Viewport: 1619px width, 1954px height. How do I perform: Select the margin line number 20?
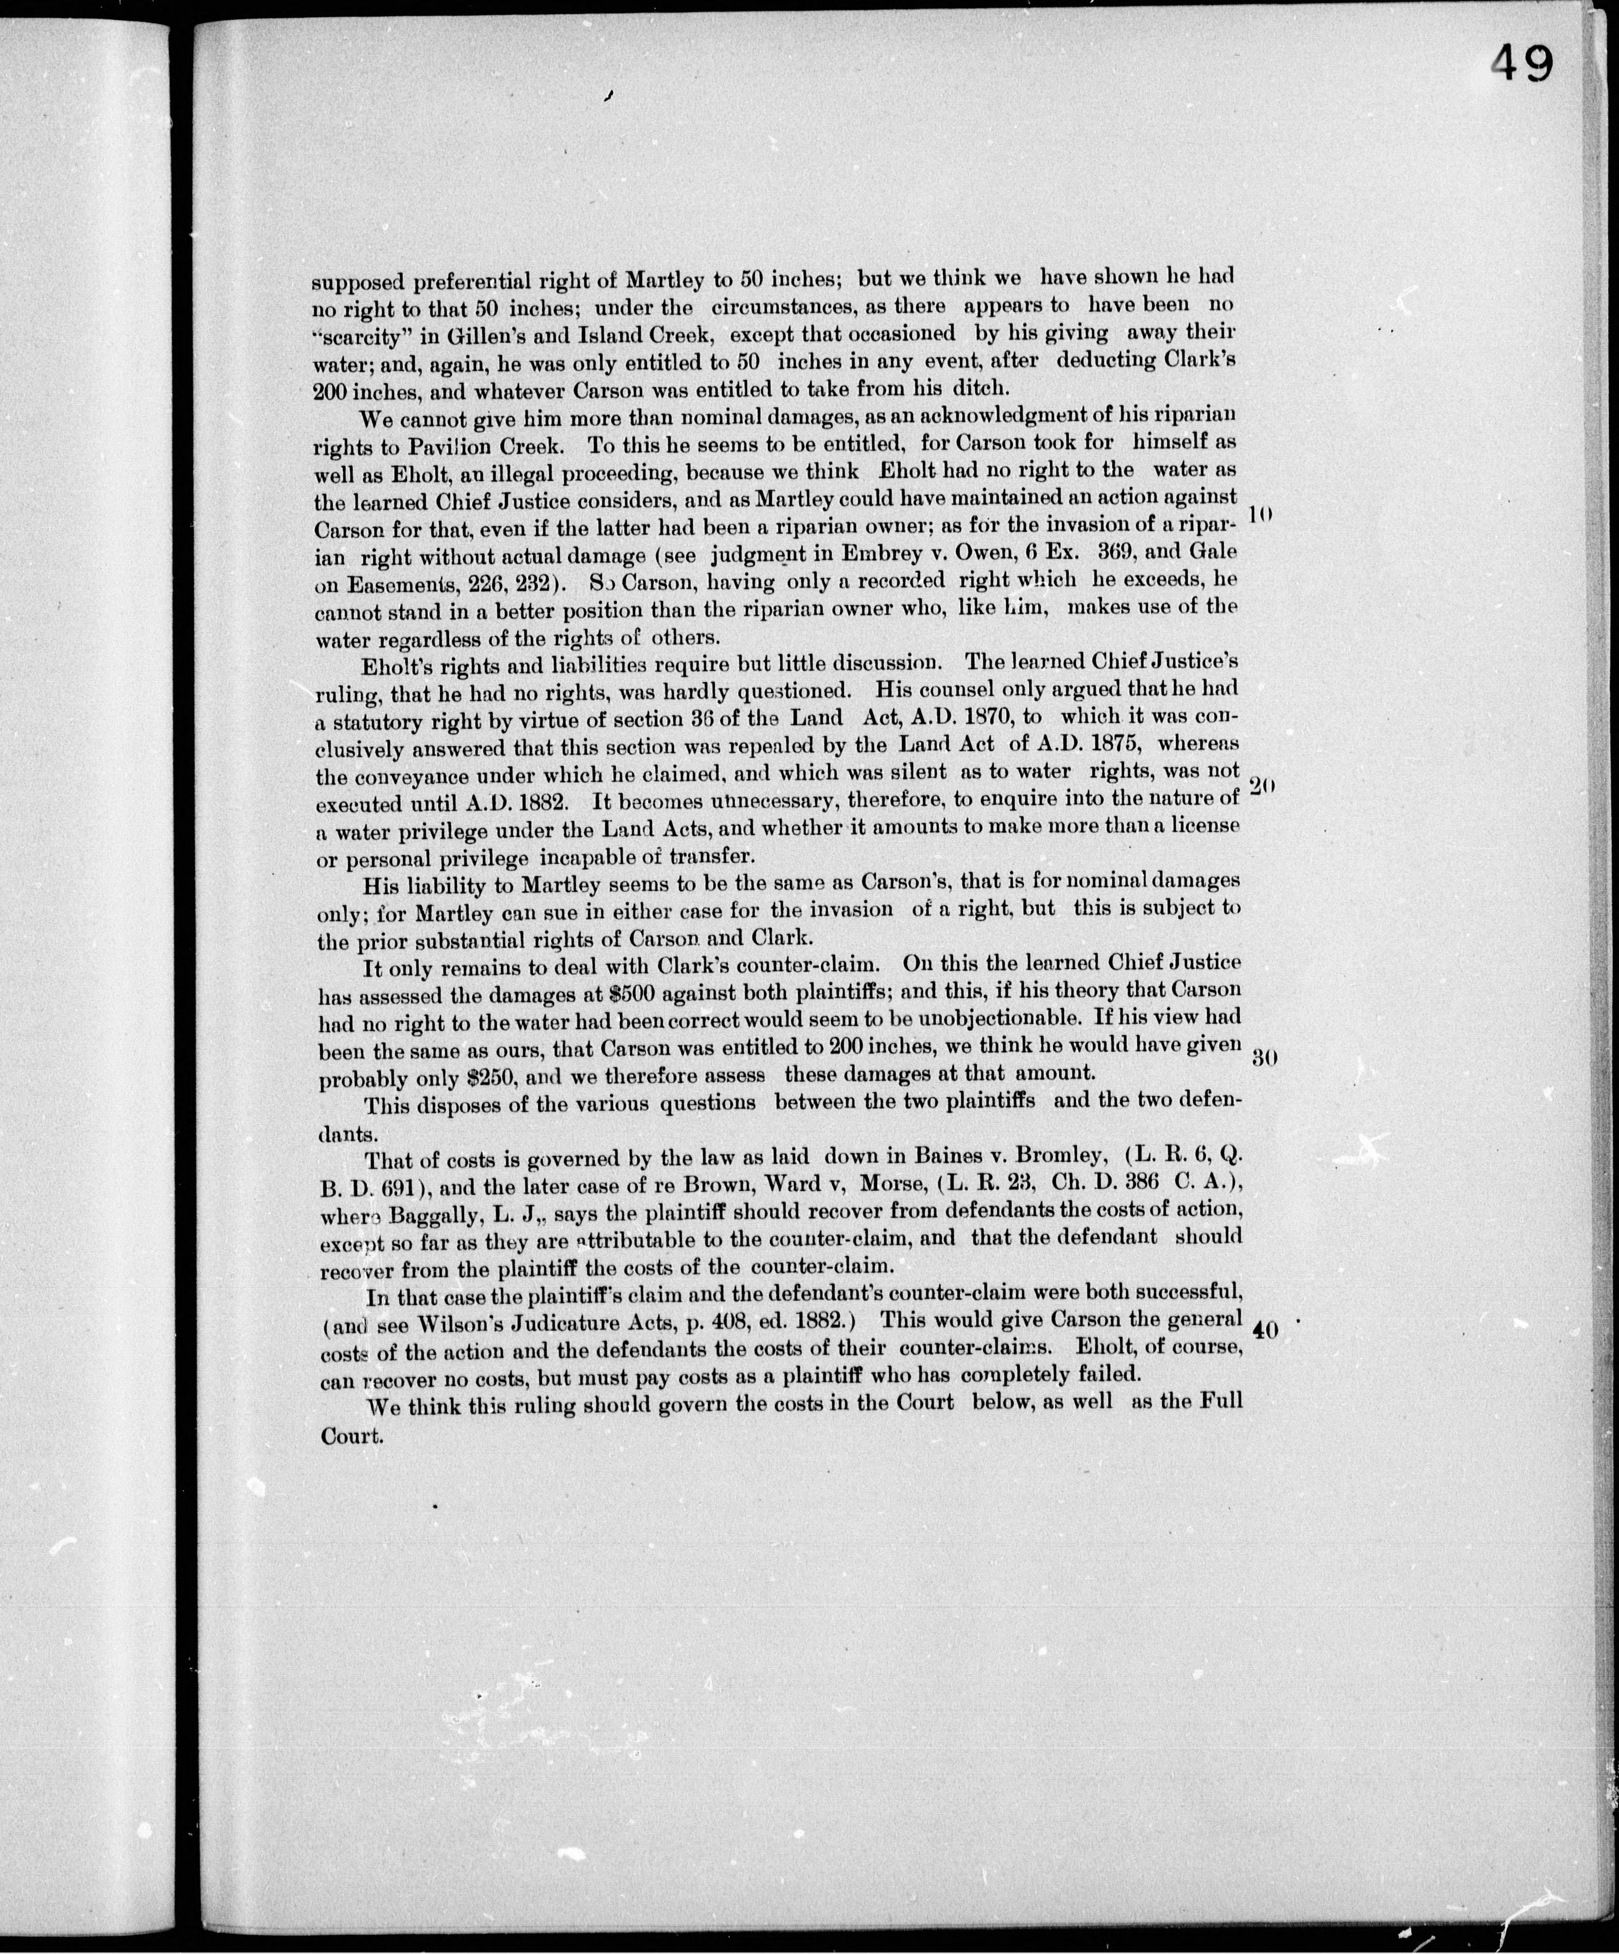[1261, 786]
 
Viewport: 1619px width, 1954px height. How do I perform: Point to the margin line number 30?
[1262, 1058]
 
